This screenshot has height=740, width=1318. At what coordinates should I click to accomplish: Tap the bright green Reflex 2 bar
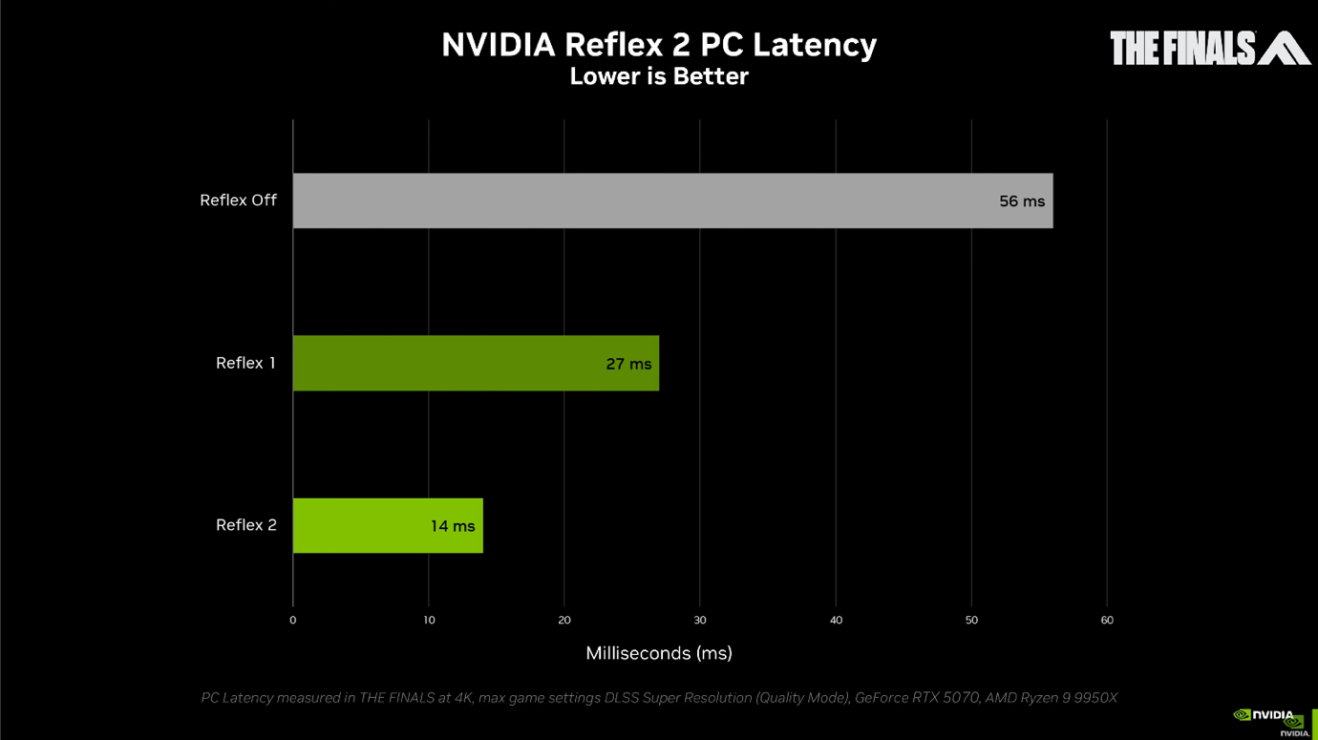363,525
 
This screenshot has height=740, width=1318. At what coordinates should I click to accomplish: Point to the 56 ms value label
1022,201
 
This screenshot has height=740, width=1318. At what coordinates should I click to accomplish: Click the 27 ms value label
628,364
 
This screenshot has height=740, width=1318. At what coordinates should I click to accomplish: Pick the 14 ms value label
453,526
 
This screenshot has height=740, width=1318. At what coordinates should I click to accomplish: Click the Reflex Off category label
238,201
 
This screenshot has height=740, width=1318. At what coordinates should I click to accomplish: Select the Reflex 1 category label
245,363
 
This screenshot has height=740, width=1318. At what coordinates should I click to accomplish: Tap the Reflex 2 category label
245,525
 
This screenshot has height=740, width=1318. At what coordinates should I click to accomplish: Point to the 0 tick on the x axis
293,621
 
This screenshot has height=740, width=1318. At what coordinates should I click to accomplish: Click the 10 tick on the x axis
429,621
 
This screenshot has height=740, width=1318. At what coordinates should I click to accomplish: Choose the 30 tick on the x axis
700,621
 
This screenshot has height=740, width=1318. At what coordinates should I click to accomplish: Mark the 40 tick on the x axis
836,621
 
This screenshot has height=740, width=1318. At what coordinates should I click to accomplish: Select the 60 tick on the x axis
1107,621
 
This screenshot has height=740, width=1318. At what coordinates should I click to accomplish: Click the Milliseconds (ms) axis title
659,653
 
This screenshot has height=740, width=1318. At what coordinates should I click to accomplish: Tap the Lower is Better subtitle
659,76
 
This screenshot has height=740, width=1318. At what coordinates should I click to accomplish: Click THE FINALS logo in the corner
1209,48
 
